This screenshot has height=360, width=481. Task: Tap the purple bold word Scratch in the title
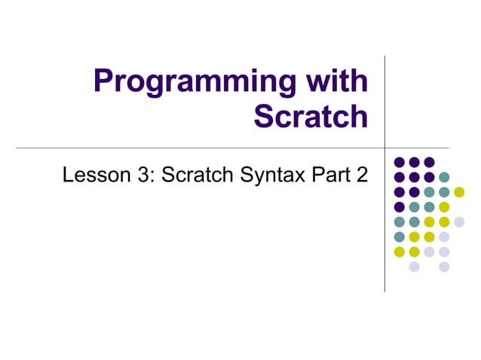(311, 116)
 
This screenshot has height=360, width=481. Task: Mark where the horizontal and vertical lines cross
(385, 148)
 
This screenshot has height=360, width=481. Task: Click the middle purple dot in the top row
(414, 162)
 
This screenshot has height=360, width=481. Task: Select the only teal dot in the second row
(444, 177)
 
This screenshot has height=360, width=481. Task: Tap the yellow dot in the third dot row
(458, 192)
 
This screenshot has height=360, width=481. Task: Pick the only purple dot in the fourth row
(400, 207)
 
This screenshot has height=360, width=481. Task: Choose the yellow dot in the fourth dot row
(444, 207)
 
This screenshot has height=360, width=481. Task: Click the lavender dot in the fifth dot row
(458, 221)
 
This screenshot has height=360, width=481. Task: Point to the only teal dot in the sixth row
(400, 236)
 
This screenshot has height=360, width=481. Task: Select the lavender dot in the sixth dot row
(444, 236)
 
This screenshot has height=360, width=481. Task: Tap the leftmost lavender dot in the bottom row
(414, 267)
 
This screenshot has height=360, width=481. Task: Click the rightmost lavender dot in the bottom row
(444, 267)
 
